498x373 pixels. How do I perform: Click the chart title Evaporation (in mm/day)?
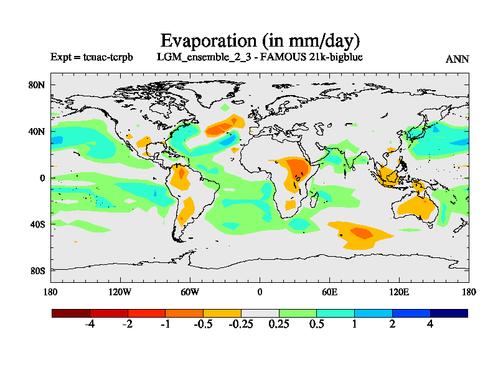coord(260,41)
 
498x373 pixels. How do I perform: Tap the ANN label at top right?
coord(457,59)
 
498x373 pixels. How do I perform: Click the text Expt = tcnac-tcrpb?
coord(91,57)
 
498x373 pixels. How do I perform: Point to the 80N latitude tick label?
coord(37,85)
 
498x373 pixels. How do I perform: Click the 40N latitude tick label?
coord(37,132)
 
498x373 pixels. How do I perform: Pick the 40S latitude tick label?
coord(37,224)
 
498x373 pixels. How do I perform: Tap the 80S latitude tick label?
coord(37,270)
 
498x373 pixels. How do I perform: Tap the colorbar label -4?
coord(90,325)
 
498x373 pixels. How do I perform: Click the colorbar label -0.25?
coord(241,325)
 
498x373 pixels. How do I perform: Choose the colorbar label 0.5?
coord(316,325)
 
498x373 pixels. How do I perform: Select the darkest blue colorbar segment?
coord(448,313)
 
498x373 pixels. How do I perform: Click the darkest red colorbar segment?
coord(71,313)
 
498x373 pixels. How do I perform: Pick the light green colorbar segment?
coord(298,313)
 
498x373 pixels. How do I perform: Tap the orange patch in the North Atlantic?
coord(224,127)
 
